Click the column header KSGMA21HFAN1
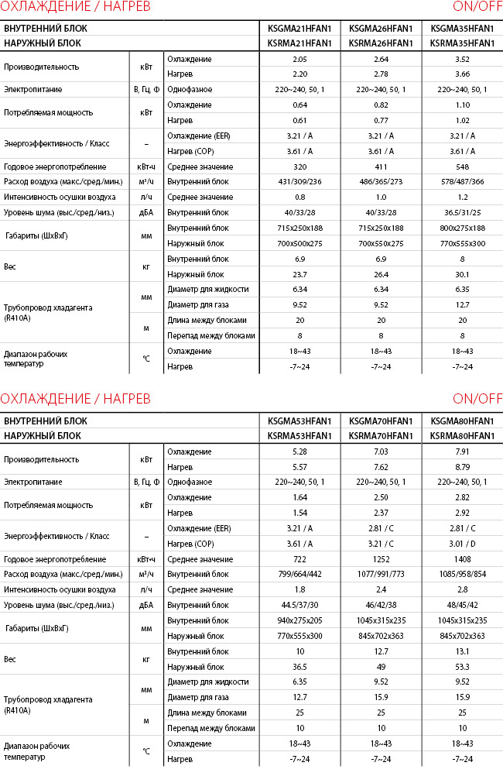(x=299, y=29)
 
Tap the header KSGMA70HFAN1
(x=382, y=421)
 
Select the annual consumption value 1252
(x=382, y=559)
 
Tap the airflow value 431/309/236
(x=299, y=181)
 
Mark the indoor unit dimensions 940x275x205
(x=299, y=620)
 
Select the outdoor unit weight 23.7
(x=299, y=273)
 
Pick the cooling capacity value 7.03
(x=382, y=452)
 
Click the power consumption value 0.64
(x=299, y=105)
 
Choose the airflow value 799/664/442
(x=299, y=574)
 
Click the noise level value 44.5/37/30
(x=299, y=605)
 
